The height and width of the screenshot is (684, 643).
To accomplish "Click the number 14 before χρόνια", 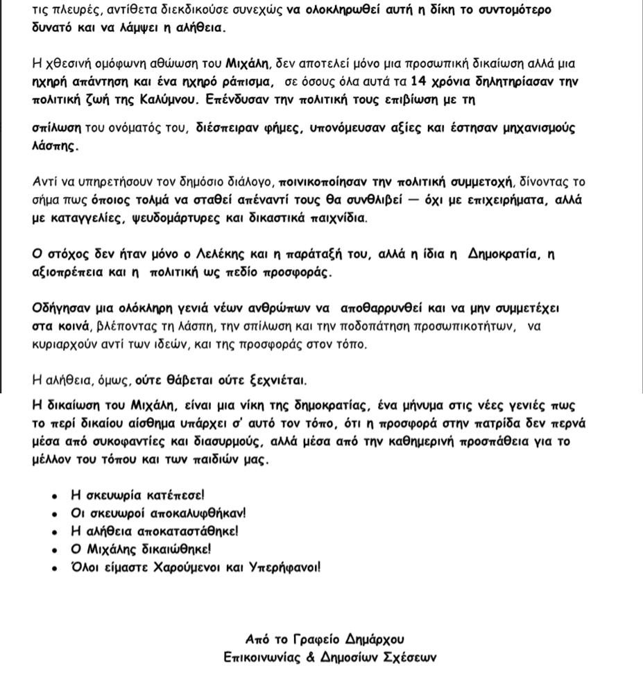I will (419, 81).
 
